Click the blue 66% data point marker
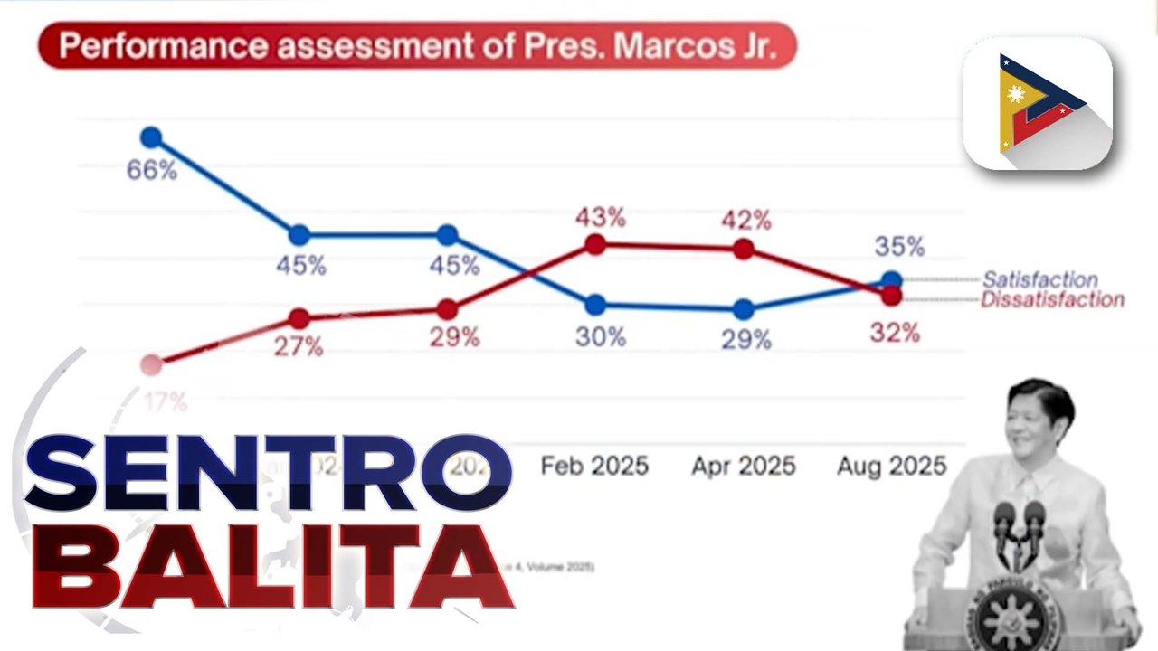coord(151,137)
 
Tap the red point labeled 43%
coord(595,244)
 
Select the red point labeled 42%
coord(744,250)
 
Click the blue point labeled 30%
coord(595,305)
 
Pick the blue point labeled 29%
coord(744,309)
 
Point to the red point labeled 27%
coord(299,318)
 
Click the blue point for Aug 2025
coord(891,280)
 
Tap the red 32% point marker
coord(891,295)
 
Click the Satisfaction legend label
coord(1039,280)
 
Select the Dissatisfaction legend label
coord(1052,300)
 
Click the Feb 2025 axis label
coord(594,467)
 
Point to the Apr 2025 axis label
coord(744,467)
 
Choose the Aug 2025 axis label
coord(891,467)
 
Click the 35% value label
coord(899,246)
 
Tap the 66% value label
coord(151,170)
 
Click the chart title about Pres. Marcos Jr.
coord(417,46)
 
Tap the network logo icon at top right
coord(1037,103)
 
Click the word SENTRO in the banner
coord(269,473)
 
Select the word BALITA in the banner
coord(271,565)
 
